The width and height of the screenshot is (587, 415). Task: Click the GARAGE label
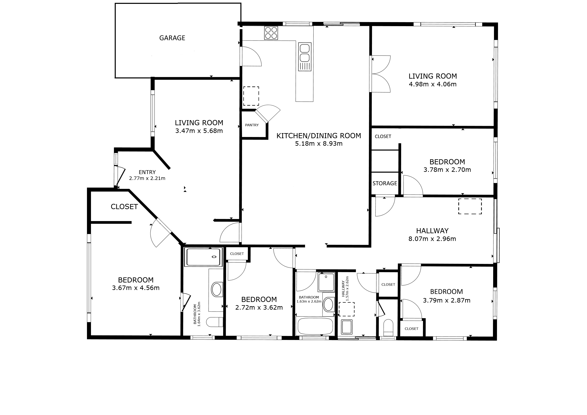pyautogui.click(x=172, y=38)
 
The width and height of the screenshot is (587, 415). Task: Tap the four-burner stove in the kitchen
pyautogui.click(x=271, y=33)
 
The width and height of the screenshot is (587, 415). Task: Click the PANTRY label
pyautogui.click(x=252, y=125)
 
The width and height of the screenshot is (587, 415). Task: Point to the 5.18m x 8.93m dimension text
pyautogui.click(x=319, y=144)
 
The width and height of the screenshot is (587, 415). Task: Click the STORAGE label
pyautogui.click(x=385, y=183)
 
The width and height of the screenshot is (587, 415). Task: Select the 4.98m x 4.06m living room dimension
pyautogui.click(x=433, y=84)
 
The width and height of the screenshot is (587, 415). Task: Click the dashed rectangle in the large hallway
pyautogui.click(x=470, y=206)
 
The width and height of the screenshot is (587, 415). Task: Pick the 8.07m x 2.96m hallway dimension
pyautogui.click(x=432, y=239)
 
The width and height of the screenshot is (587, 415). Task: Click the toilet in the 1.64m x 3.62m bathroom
pyautogui.click(x=214, y=322)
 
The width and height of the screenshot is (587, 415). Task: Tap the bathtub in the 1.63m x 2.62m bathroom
pyautogui.click(x=315, y=326)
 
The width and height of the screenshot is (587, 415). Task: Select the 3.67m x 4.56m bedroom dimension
pyautogui.click(x=136, y=288)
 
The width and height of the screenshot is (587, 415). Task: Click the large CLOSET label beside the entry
pyautogui.click(x=124, y=206)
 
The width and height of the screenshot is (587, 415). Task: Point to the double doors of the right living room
pyautogui.click(x=380, y=74)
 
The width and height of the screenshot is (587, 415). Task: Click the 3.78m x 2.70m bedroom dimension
pyautogui.click(x=447, y=170)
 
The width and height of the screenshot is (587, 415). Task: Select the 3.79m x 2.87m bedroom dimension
pyautogui.click(x=446, y=300)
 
